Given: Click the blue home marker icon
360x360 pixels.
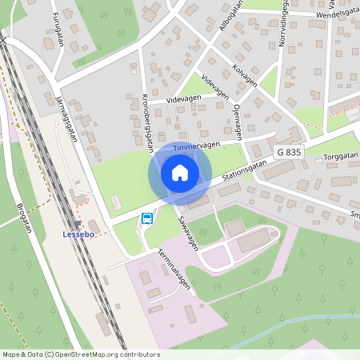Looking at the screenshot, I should coord(180,173).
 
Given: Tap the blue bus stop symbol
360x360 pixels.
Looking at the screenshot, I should coord(146,218).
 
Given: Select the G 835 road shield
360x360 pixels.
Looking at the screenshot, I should coord(289,151).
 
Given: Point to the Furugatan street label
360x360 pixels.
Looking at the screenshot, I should coord(57,30).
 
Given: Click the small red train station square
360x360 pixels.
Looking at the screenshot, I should coord(78,223).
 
